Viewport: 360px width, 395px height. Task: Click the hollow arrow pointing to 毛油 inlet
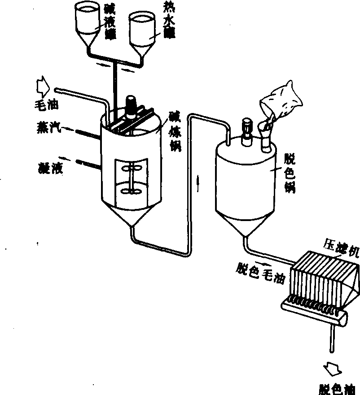point(43,86)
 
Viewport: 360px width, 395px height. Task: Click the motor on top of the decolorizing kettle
point(247,132)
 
